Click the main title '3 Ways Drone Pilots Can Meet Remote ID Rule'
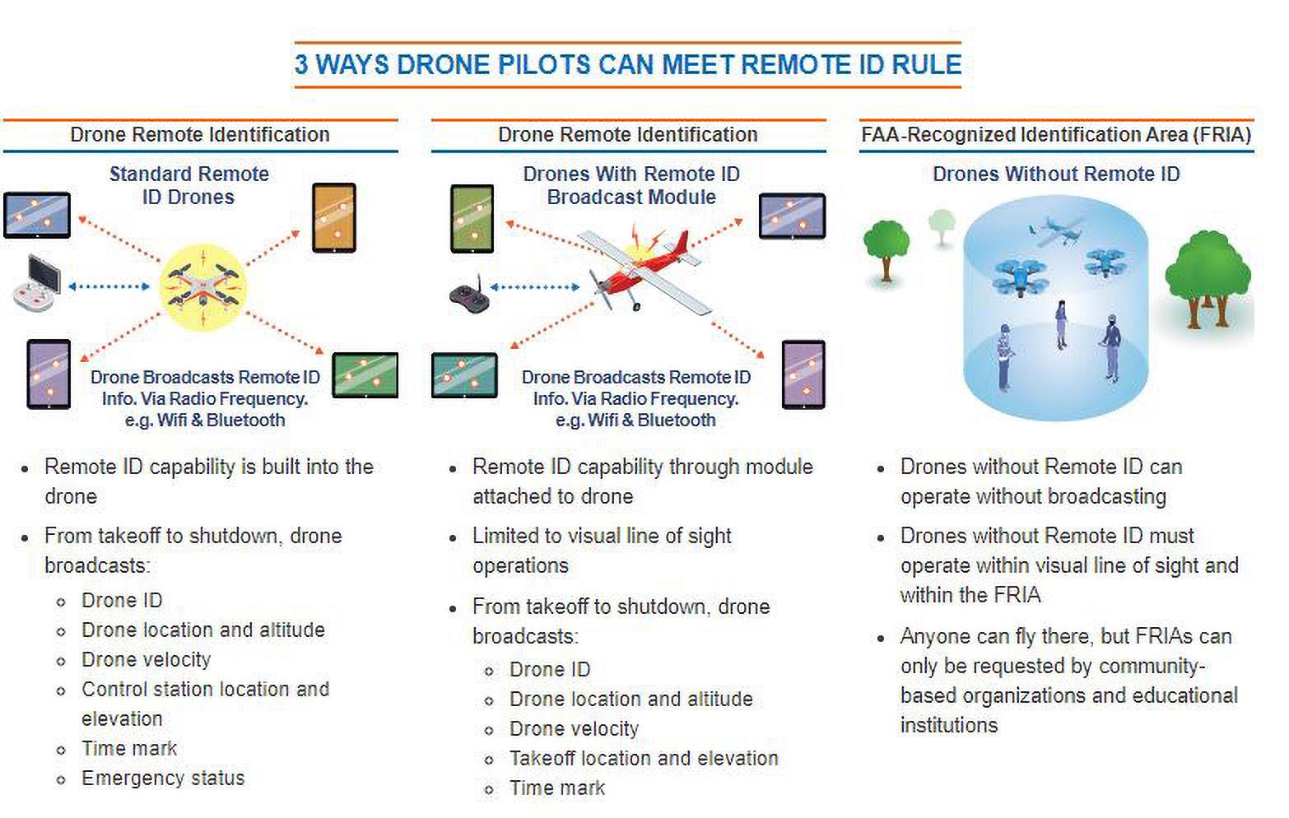[627, 64]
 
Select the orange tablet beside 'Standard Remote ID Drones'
[334, 218]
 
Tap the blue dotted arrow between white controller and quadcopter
[109, 286]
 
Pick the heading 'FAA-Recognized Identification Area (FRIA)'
[1056, 134]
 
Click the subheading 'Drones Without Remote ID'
[1056, 174]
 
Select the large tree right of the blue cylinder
[1208, 280]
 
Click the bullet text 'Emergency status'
[163, 778]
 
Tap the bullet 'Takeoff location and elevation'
[644, 758]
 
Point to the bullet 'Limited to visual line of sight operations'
[601, 551]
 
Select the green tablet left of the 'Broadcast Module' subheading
[472, 218]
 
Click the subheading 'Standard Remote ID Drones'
[188, 185]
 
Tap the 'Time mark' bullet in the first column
[129, 748]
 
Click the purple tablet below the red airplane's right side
[803, 374]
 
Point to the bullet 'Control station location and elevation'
[205, 703]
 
